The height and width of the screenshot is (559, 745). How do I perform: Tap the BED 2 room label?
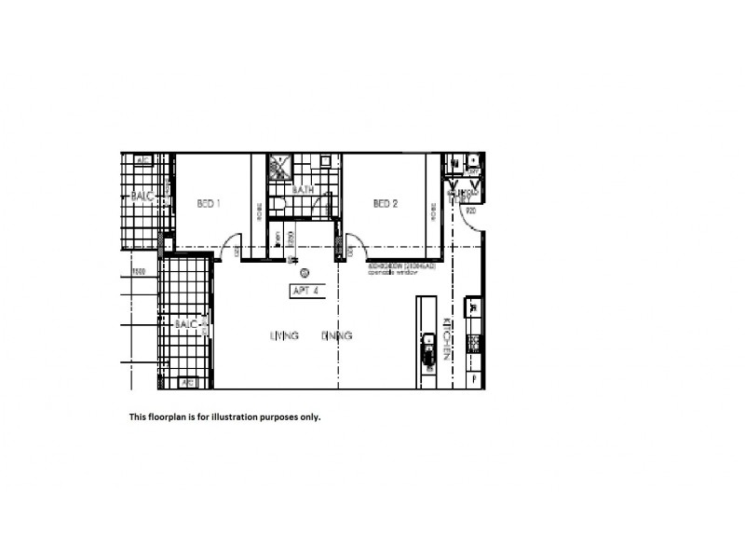(386, 203)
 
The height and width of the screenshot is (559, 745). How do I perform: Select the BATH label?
(304, 190)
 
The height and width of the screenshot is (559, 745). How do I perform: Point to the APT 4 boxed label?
(305, 290)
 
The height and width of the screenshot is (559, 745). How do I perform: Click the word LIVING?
(284, 335)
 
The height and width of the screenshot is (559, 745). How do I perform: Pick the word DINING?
(337, 335)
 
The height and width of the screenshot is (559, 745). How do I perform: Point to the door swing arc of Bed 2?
(355, 246)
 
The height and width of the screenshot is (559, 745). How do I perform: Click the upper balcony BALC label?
(142, 197)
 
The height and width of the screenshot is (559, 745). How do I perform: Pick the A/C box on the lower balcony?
(188, 381)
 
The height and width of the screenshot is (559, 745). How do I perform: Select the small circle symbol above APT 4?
(305, 273)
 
